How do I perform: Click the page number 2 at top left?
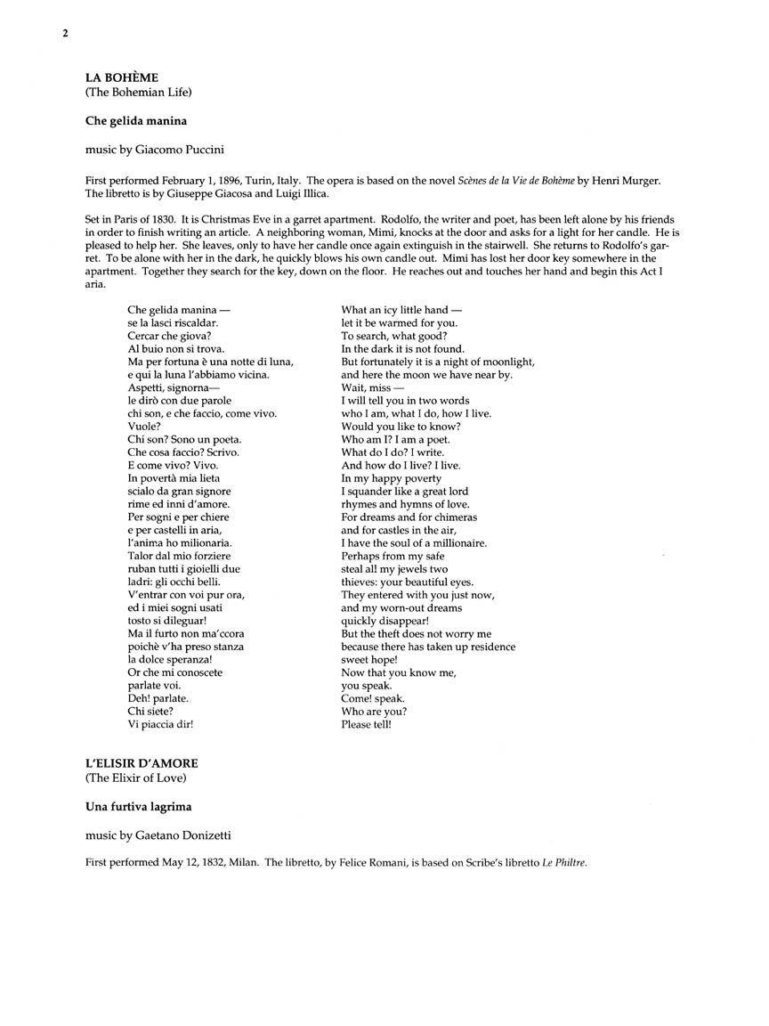click(65, 34)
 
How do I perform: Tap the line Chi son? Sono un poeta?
click(184, 439)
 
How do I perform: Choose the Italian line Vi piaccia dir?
click(160, 724)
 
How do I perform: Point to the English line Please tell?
click(366, 724)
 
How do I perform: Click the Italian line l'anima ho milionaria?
click(179, 542)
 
